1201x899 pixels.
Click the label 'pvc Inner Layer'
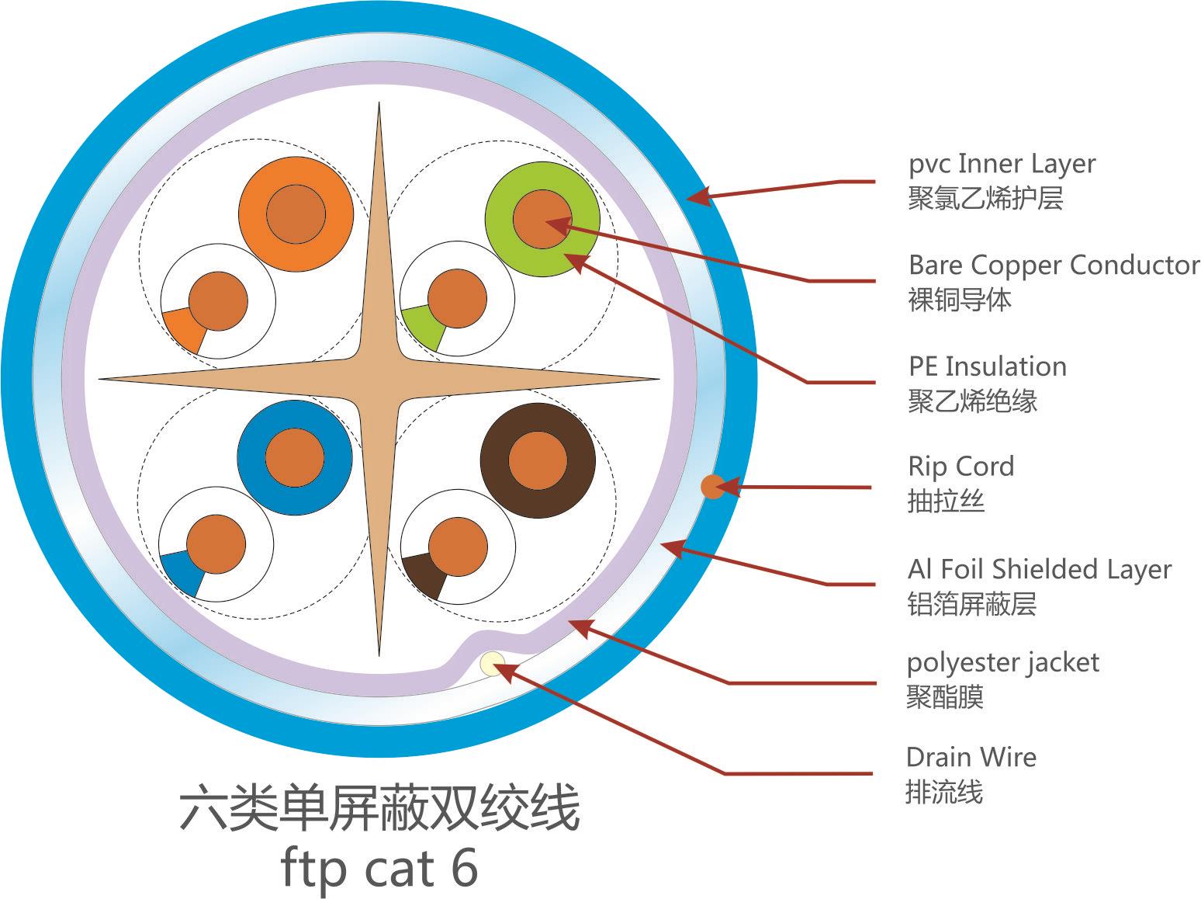click(x=1002, y=164)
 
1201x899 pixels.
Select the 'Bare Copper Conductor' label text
click(x=1054, y=266)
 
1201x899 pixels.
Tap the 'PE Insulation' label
click(x=987, y=366)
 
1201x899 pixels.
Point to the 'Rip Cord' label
click(x=960, y=467)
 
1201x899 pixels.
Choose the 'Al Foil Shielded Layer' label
click(x=1039, y=569)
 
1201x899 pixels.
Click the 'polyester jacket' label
click(x=1002, y=663)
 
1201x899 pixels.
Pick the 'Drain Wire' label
click(x=971, y=757)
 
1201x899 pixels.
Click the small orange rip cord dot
click(x=712, y=487)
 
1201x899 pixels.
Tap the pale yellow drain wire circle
click(x=493, y=664)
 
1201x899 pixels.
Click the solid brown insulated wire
click(x=538, y=461)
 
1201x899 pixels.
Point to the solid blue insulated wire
click(x=294, y=458)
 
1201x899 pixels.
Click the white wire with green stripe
click(x=457, y=300)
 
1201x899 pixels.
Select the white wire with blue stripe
click(x=216, y=545)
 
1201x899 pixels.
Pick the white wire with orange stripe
click(x=218, y=301)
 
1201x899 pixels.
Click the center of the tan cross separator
click(x=379, y=380)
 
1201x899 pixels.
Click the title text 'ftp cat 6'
click(x=379, y=869)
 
